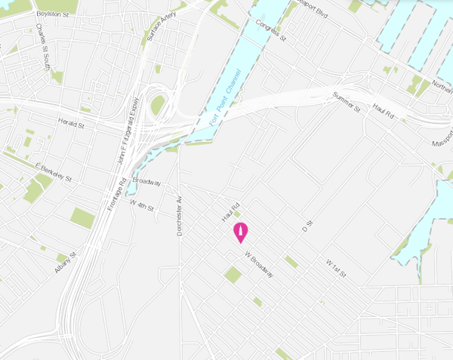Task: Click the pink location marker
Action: [x=241, y=232]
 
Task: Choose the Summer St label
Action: [x=347, y=103]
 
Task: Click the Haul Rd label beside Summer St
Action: [x=384, y=112]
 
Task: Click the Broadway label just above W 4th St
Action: [x=147, y=183]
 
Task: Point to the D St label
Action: [x=307, y=226]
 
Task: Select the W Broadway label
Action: [x=258, y=265]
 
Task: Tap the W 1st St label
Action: [x=335, y=268]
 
